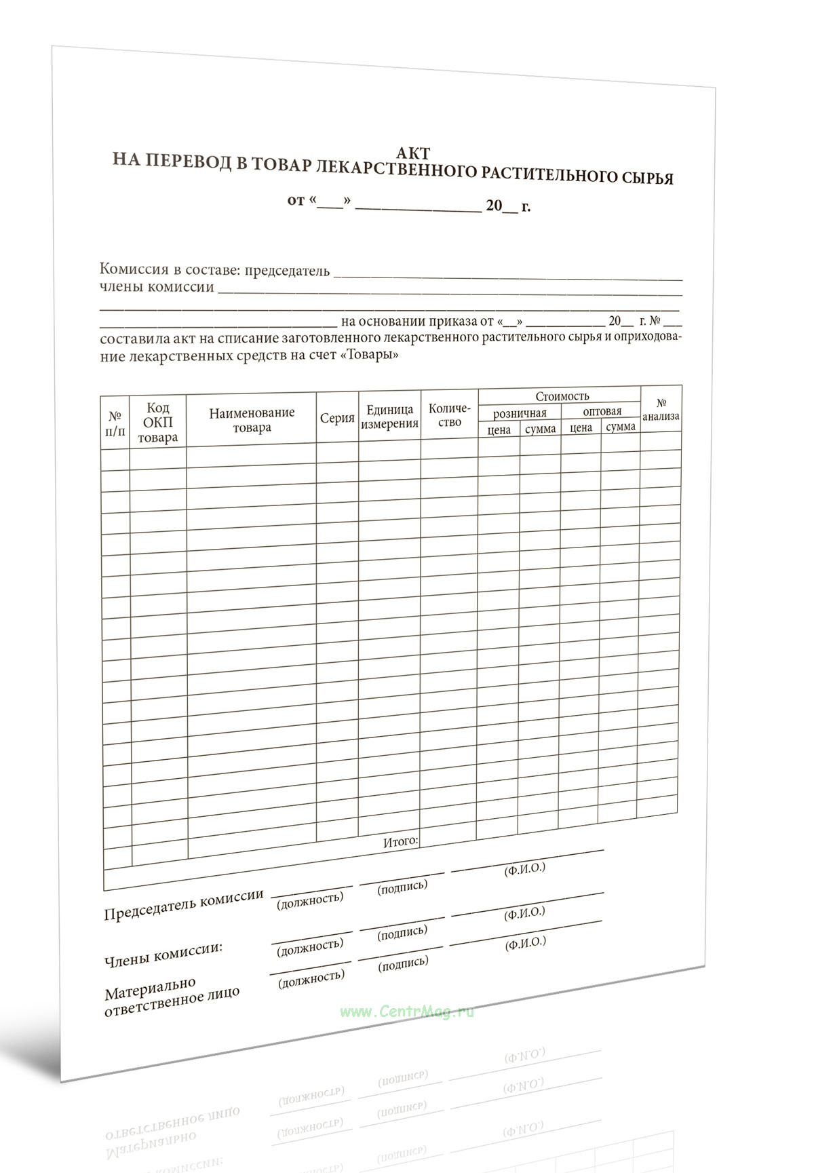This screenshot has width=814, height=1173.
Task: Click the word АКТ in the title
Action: pos(413,153)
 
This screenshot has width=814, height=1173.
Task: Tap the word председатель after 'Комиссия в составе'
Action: pos(287,271)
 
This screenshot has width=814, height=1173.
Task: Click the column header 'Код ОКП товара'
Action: pos(157,423)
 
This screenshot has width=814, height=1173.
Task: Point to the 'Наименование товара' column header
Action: pos(252,420)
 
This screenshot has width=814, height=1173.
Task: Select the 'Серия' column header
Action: pos(337,418)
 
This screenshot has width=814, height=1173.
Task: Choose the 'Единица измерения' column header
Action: pos(389,417)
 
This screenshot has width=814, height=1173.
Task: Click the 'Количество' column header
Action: pos(449,415)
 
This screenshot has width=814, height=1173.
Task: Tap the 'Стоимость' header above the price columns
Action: pos(562,396)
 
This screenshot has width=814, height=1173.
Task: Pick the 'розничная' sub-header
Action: pos(520,413)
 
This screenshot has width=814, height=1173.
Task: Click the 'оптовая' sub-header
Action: pos(602,411)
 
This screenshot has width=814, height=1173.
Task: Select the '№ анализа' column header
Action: pos(661,410)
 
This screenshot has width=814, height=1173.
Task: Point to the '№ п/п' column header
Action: pos(115,424)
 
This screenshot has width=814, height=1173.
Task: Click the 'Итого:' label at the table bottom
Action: pos(401,841)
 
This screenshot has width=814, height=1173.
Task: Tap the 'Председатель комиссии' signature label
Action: pos(184,904)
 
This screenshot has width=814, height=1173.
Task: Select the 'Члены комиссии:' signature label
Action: pos(163,953)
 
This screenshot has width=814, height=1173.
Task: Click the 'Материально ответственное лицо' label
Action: pos(172,996)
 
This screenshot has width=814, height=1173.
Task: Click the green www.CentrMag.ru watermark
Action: pos(407,1012)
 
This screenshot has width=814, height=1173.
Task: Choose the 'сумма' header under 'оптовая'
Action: pos(621,427)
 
